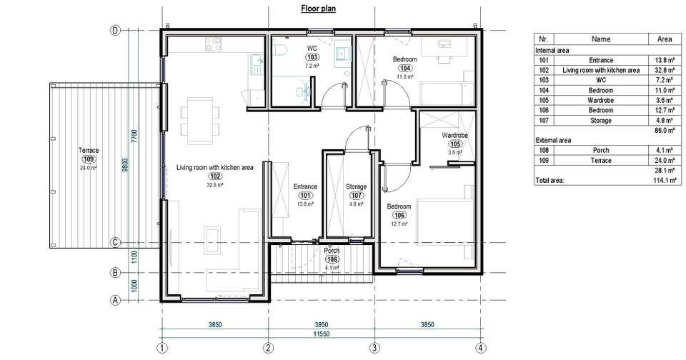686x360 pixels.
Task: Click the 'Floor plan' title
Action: click(x=318, y=9)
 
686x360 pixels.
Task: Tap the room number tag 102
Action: click(x=215, y=176)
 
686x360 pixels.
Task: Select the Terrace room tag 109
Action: click(x=89, y=159)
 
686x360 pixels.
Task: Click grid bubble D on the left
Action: click(x=115, y=30)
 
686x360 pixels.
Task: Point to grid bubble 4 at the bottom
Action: click(x=481, y=348)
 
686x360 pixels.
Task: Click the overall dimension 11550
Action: click(x=321, y=334)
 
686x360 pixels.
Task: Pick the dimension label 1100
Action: click(x=134, y=257)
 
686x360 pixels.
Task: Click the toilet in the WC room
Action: click(x=279, y=50)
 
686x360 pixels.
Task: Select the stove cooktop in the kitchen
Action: click(x=213, y=44)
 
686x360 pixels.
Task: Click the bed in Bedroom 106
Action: click(x=445, y=221)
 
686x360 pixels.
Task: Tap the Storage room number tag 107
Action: click(x=356, y=196)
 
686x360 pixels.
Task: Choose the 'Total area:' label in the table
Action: click(x=550, y=180)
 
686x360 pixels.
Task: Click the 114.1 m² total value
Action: click(x=664, y=180)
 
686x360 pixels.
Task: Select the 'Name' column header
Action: click(x=601, y=39)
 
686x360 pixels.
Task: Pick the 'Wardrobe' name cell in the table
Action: click(x=601, y=100)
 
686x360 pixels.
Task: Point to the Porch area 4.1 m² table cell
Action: click(x=664, y=150)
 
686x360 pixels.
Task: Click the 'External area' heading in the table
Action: click(x=553, y=141)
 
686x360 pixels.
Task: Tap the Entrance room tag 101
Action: click(x=305, y=196)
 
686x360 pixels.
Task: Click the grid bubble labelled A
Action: click(x=115, y=301)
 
